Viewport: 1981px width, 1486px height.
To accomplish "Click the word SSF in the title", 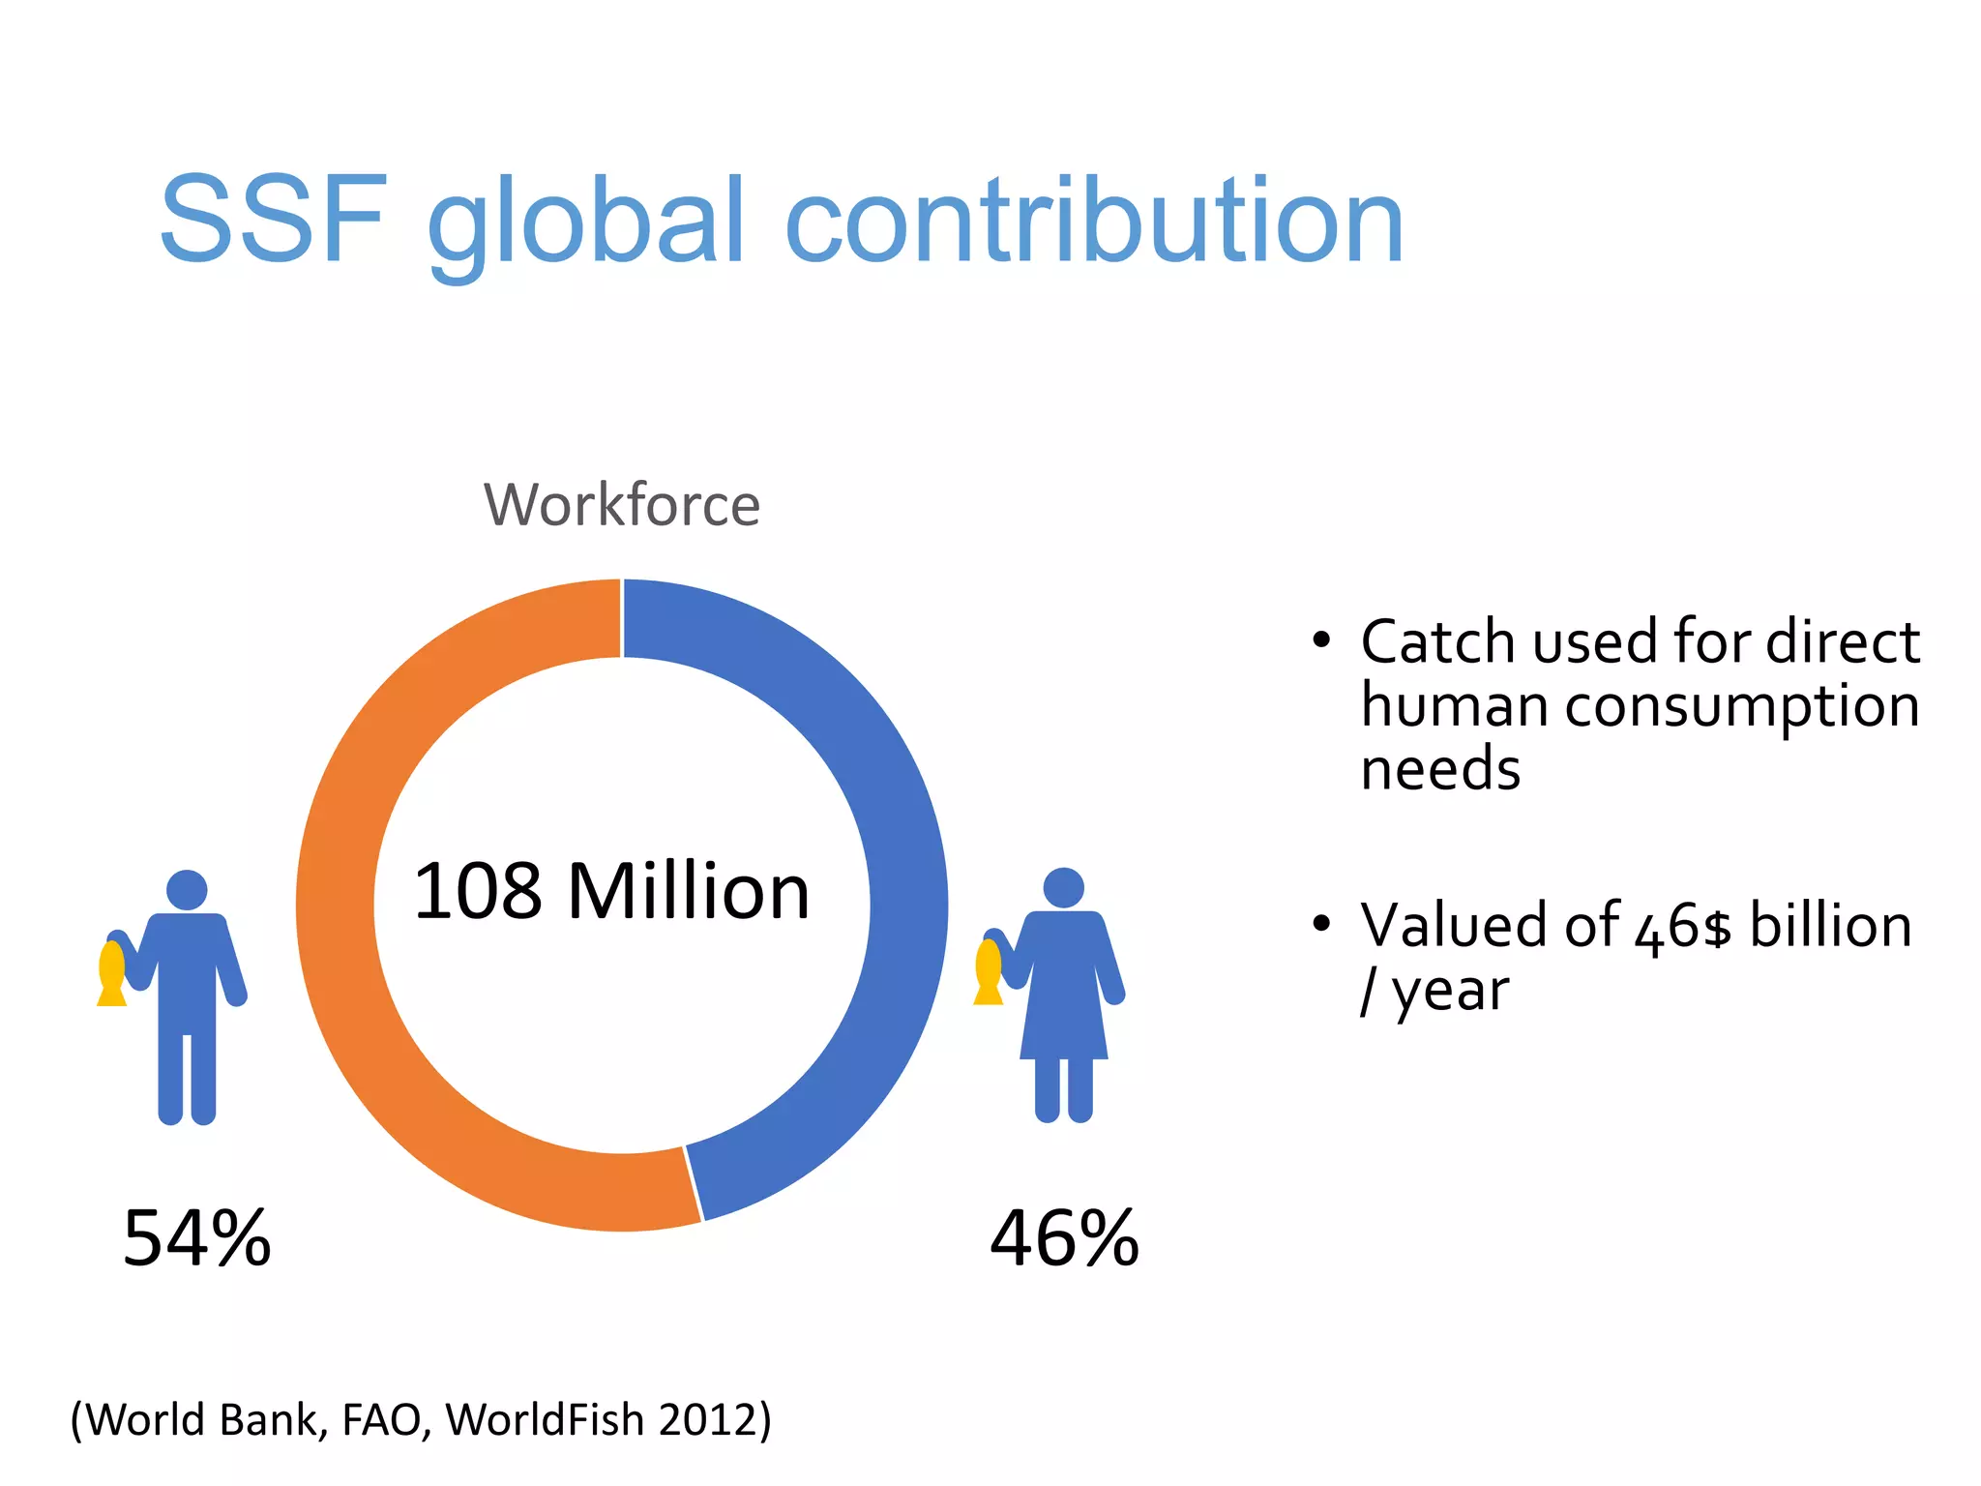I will coord(274,220).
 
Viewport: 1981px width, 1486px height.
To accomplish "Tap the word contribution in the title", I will coord(1093,220).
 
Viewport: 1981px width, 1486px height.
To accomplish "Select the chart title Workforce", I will coord(622,505).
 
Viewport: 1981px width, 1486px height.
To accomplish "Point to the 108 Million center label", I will coord(611,891).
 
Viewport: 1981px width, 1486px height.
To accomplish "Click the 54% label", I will coord(197,1238).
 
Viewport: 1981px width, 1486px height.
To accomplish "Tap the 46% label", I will coord(1064,1238).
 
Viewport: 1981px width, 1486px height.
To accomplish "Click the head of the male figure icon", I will coord(187,890).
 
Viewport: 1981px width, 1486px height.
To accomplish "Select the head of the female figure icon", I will coord(1064,887).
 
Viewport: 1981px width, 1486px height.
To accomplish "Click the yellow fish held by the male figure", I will coord(112,972).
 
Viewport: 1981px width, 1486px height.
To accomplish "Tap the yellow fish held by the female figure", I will coord(989,971).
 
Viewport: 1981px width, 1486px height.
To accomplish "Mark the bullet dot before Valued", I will coord(1321,923).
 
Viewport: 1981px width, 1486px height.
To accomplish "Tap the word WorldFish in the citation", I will coord(545,1420).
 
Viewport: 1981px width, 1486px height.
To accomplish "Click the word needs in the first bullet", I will coord(1440,770).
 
